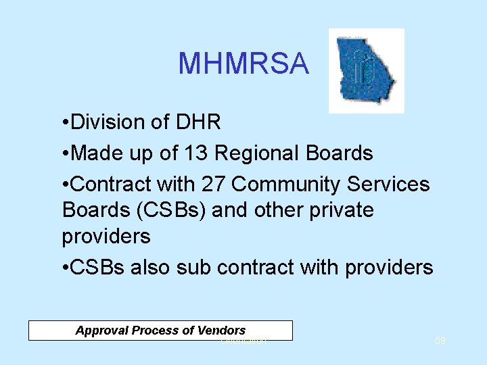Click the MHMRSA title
pos(243,64)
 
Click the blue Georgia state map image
pos(366,70)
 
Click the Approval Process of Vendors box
pos(160,331)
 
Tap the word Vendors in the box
pos(222,331)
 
